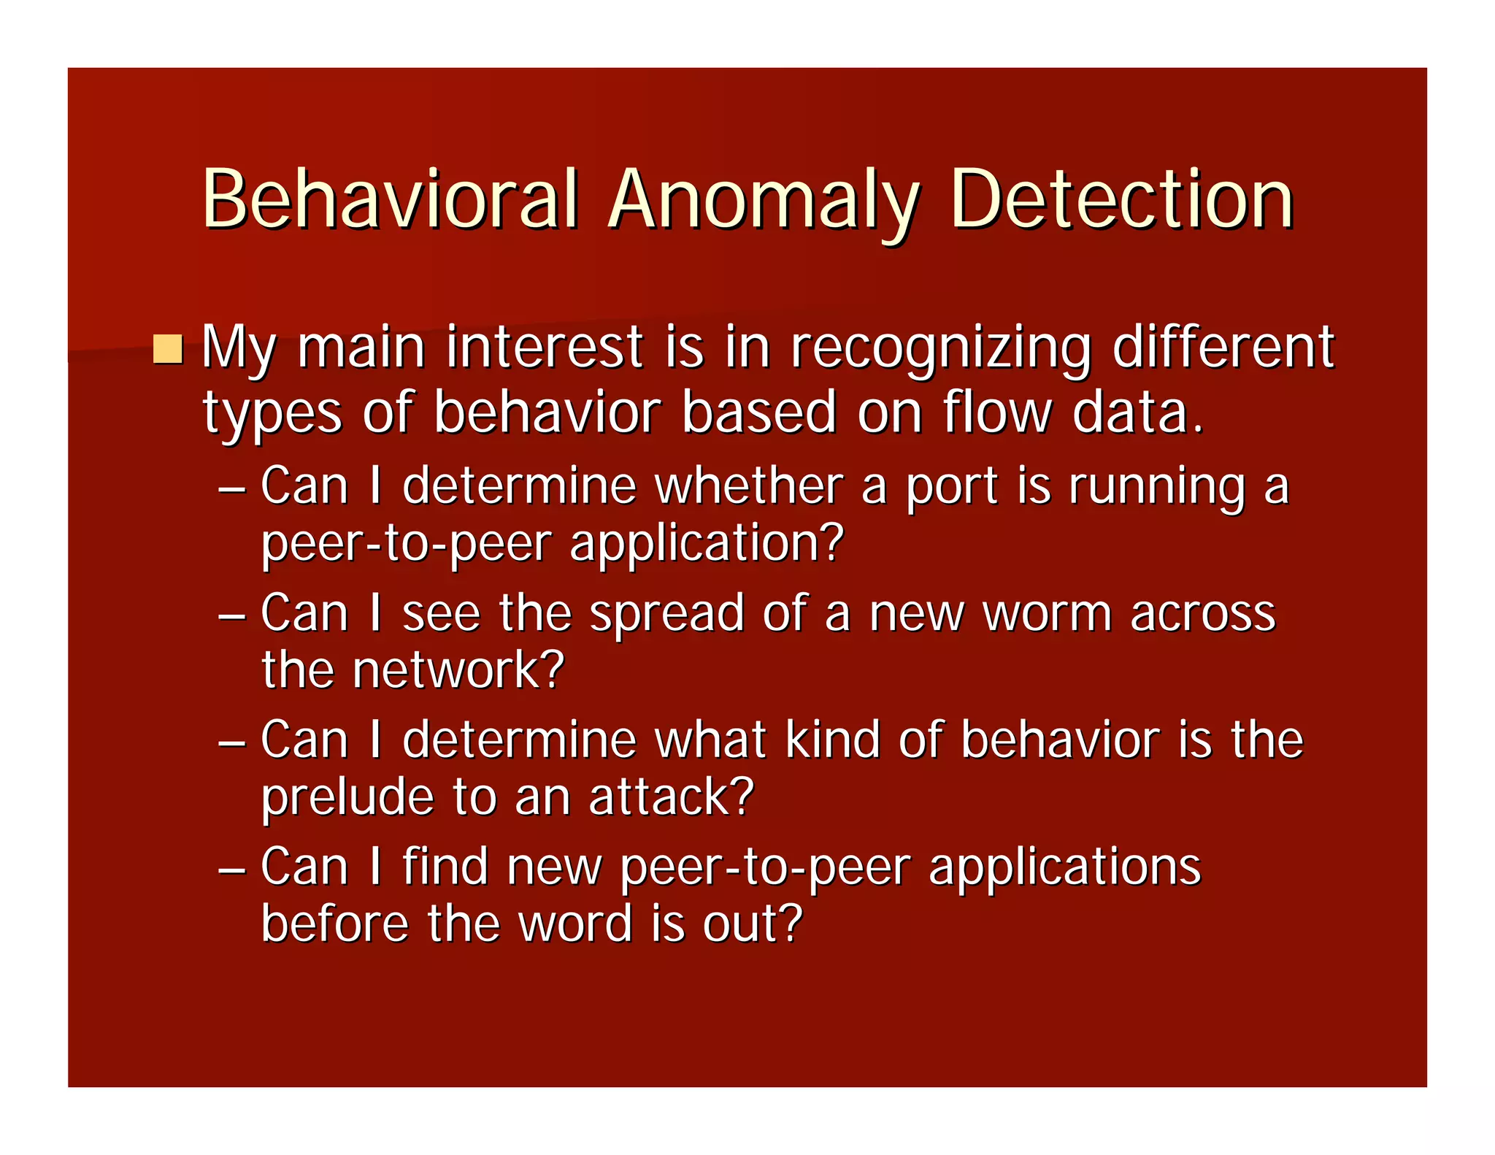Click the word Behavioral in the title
pos(391,199)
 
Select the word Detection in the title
pos(1121,199)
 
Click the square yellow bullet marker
pos(168,349)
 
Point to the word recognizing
pos(941,348)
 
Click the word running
pos(1157,488)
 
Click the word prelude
pos(347,798)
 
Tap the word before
pos(335,923)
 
